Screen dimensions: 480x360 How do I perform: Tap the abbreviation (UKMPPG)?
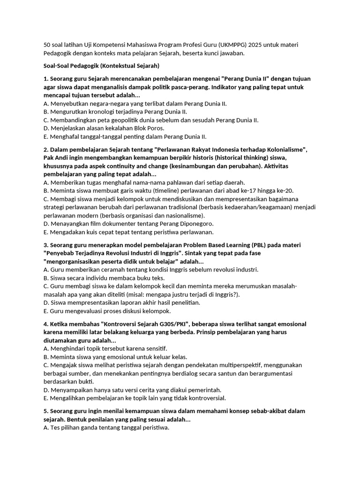(x=233, y=45)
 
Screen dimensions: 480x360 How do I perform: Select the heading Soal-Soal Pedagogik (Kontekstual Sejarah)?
(x=101, y=66)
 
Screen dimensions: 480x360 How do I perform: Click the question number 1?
(x=45, y=79)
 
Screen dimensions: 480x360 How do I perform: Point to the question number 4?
(x=45, y=324)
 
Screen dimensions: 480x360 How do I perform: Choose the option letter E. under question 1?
(x=45, y=136)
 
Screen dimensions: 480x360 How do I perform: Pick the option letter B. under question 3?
(x=45, y=278)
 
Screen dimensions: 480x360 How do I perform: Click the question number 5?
(x=45, y=411)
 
